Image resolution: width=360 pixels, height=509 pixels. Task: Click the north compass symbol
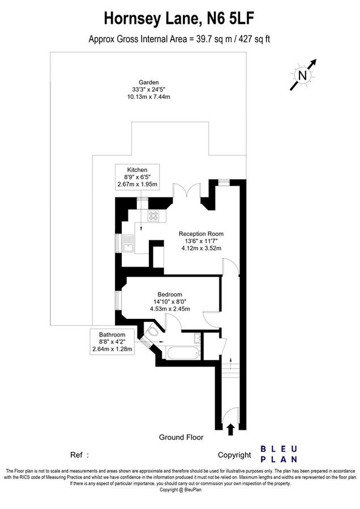coord(303,74)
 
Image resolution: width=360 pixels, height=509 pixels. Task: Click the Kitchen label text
coord(137,170)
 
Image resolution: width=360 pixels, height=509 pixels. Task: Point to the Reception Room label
coord(201,234)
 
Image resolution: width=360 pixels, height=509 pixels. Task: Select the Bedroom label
coord(170,294)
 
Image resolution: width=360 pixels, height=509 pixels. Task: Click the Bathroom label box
coord(112,342)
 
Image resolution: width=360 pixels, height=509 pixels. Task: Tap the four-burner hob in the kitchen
coord(155,215)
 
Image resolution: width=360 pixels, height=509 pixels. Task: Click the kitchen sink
coord(128,244)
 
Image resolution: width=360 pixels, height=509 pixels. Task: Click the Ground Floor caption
coord(181,437)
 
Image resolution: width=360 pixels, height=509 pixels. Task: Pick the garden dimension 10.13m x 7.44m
coord(149,97)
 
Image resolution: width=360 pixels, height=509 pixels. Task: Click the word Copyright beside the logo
coord(234,455)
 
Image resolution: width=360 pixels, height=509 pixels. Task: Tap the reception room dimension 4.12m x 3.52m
coord(201,248)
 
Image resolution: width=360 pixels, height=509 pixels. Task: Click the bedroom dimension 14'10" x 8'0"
coord(170,301)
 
